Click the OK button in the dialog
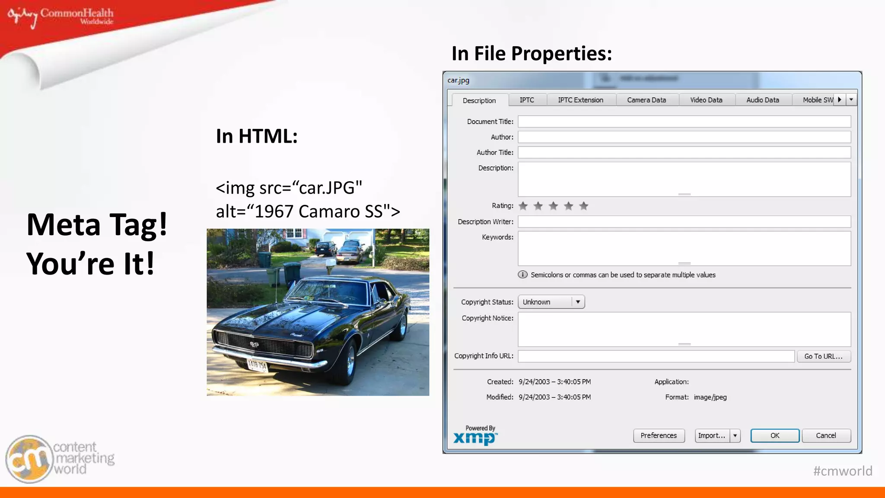[x=774, y=435]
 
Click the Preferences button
[x=659, y=435]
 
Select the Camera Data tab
[x=646, y=100]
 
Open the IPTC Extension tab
[x=580, y=100]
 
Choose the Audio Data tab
[x=763, y=100]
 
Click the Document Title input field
[x=684, y=121]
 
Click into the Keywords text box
[x=684, y=248]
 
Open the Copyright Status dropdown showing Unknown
[x=551, y=302]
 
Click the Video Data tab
[x=706, y=100]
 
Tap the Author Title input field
[x=684, y=152]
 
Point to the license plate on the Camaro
[x=258, y=365]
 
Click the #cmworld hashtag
[x=843, y=471]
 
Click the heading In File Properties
[x=532, y=54]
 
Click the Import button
[x=711, y=435]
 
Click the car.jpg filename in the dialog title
[x=458, y=80]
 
